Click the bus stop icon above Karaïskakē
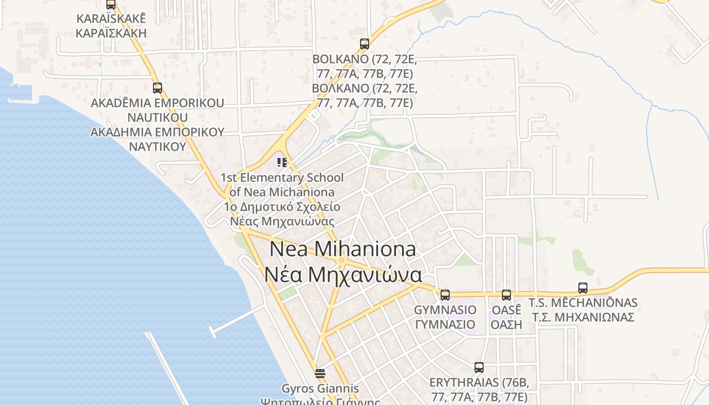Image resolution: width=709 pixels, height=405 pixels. coord(110,5)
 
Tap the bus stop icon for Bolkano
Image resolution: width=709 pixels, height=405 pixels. coord(365,44)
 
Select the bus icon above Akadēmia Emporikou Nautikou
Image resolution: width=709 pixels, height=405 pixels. coord(157,88)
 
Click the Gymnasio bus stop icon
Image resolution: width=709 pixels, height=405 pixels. coord(445,295)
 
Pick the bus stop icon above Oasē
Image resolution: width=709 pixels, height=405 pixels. coord(506,295)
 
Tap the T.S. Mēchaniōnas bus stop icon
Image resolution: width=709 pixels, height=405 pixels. coord(583,288)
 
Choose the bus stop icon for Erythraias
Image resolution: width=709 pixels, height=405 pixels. coord(479,367)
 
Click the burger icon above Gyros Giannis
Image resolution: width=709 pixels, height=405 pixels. coord(320,374)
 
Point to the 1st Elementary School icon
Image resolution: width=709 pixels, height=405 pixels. coord(282,163)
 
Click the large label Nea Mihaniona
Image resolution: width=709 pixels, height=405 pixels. coord(343,249)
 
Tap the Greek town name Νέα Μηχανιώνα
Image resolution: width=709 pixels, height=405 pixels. coord(343,275)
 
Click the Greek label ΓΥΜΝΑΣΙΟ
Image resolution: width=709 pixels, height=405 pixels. coord(445,325)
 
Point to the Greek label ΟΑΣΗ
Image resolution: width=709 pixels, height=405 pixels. coord(506,325)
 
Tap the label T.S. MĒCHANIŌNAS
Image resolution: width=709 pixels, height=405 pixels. coord(583,303)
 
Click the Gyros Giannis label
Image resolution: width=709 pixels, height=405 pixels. coord(320,389)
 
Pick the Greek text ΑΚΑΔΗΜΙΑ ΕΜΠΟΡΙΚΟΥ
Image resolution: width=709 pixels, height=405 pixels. coord(157,132)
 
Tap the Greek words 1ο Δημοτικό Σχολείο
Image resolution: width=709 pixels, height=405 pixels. coord(282,207)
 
